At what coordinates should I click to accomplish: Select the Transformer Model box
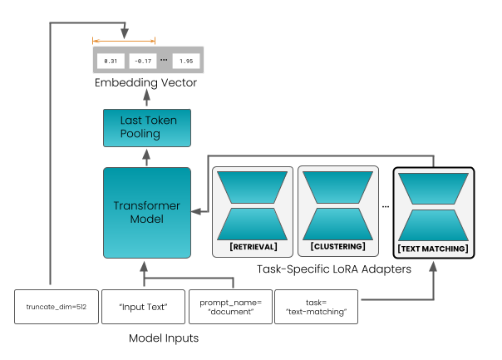(x=146, y=213)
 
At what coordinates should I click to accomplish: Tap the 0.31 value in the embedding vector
(x=110, y=62)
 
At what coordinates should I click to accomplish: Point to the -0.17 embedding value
(x=144, y=62)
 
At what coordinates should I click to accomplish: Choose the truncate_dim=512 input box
(x=56, y=306)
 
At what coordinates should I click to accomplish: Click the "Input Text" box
(x=144, y=306)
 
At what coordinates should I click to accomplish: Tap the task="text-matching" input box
(x=316, y=306)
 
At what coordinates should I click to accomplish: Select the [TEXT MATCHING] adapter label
(x=433, y=248)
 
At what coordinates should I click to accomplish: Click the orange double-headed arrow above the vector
(x=125, y=40)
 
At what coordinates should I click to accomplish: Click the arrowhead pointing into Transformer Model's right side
(x=196, y=213)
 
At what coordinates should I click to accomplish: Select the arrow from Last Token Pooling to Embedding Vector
(x=146, y=99)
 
